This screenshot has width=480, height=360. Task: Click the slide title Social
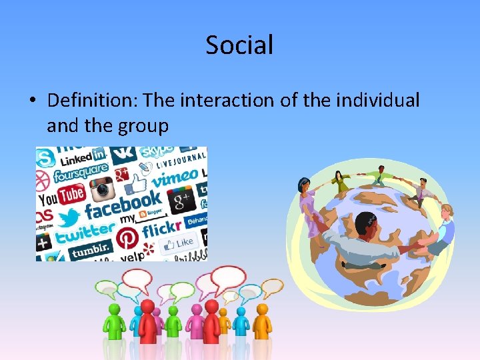coord(239,45)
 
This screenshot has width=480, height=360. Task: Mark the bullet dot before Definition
coord(32,101)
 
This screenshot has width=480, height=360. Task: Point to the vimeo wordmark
coord(173,179)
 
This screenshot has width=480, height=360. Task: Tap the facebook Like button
coord(179,243)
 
